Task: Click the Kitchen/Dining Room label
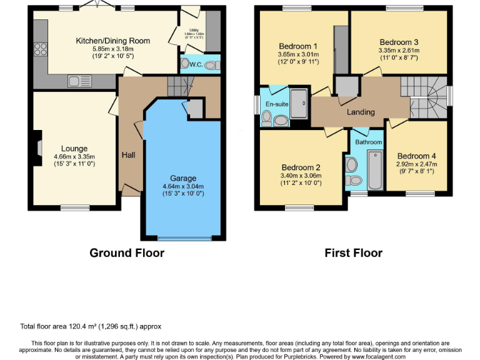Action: (112, 41)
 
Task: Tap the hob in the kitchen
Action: (41, 49)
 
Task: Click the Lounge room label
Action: (74, 149)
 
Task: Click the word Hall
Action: (129, 154)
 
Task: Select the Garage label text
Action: (183, 178)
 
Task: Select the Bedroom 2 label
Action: (301, 167)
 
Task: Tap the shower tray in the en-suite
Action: (299, 105)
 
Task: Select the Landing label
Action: (361, 112)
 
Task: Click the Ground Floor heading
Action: (127, 252)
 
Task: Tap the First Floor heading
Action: (353, 252)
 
